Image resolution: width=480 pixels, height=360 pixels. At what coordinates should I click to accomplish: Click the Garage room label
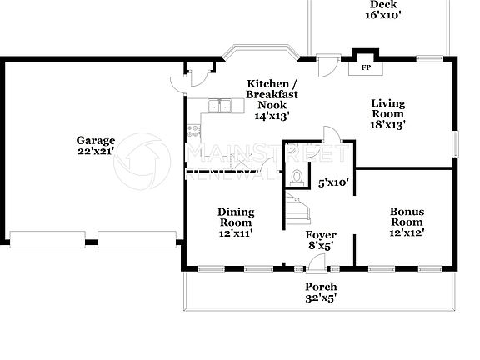click(x=96, y=140)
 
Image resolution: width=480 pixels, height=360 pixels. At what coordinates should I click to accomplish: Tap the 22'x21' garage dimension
click(x=96, y=151)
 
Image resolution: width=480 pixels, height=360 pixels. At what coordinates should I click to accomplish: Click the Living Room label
click(x=387, y=108)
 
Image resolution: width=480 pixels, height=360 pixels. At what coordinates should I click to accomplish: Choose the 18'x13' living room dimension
click(x=387, y=124)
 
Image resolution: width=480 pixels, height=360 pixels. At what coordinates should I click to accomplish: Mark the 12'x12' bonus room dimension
click(x=407, y=232)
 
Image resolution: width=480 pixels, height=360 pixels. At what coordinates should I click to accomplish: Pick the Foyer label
click(x=320, y=235)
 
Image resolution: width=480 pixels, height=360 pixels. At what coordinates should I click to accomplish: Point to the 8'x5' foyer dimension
click(x=320, y=246)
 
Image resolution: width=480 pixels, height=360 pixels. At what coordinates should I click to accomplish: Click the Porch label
click(x=320, y=287)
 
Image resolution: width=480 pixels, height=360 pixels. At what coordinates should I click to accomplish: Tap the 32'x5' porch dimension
click(x=320, y=297)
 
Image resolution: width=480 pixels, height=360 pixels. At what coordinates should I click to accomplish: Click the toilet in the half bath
click(x=298, y=177)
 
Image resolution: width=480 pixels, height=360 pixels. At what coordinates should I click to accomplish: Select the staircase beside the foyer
click(x=297, y=209)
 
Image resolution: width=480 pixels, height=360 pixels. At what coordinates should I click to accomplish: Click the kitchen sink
click(x=220, y=106)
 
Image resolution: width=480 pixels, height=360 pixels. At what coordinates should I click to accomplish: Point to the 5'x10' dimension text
click(x=333, y=181)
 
